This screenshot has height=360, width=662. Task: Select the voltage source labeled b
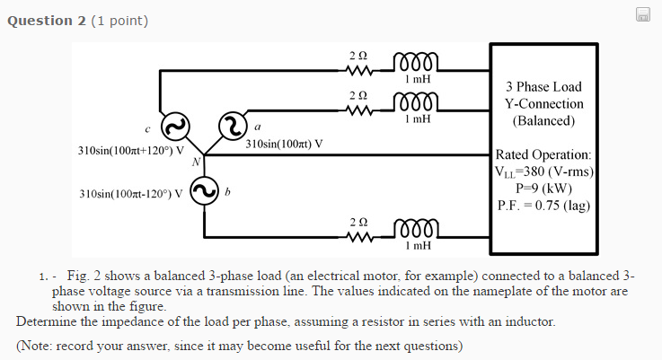click(204, 189)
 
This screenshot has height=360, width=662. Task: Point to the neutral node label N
click(195, 162)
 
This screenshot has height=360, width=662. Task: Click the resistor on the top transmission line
click(359, 74)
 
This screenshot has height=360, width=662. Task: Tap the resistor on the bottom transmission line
click(359, 237)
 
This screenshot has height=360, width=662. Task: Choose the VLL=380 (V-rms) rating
click(543, 171)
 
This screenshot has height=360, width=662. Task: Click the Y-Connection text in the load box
click(543, 103)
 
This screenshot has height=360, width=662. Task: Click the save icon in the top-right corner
click(643, 13)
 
